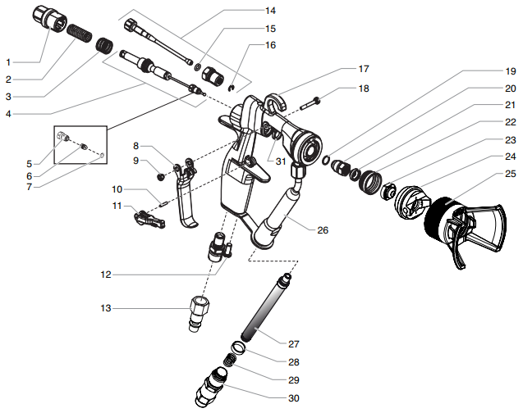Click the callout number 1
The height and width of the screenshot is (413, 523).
pyautogui.click(x=9, y=62)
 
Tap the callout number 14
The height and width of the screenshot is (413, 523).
pyautogui.click(x=270, y=11)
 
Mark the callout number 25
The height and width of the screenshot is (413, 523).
pyautogui.click(x=510, y=174)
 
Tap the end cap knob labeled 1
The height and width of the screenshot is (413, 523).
pyautogui.click(x=52, y=18)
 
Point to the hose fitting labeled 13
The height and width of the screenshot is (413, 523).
pyautogui.click(x=200, y=310)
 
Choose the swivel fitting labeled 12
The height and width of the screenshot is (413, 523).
pyautogui.click(x=220, y=247)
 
